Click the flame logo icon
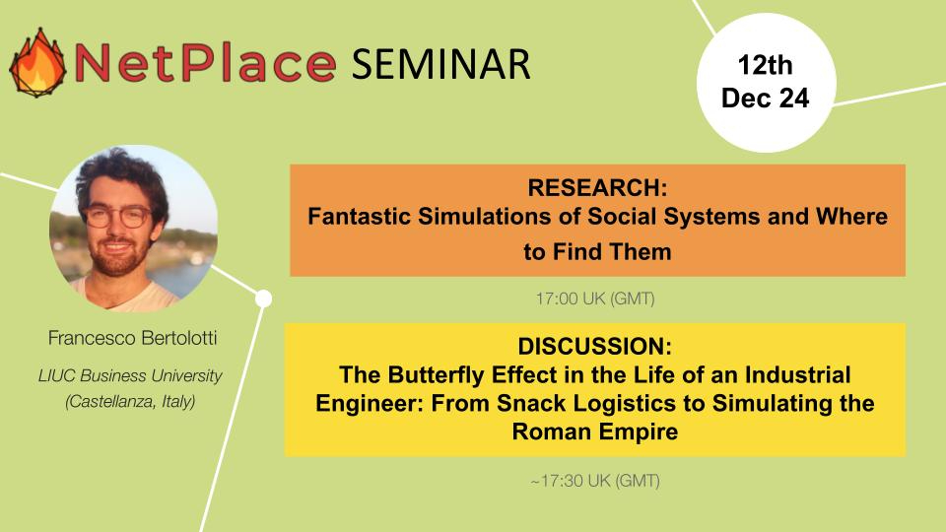37,63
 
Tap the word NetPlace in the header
205,63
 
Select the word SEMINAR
441,64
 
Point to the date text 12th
765,65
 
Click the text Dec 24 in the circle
765,98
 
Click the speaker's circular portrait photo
134,228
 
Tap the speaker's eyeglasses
117,217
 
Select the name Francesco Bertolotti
132,338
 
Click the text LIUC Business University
130,375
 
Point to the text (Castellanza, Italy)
130,402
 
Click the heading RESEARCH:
597,187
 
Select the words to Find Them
597,251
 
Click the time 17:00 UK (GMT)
595,299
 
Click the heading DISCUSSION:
595,346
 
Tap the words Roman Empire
595,432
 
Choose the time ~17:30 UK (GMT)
595,481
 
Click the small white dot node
264,299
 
